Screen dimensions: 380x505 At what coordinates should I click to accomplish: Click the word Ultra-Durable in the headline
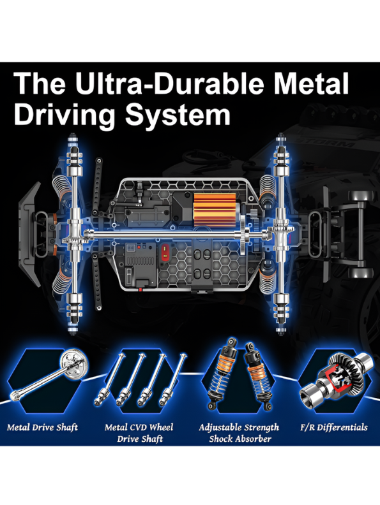[x=172, y=84]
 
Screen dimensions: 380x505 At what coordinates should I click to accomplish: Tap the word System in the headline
[x=178, y=115]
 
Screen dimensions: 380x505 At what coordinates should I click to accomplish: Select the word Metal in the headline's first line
[x=312, y=84]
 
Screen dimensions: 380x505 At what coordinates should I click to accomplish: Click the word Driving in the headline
[x=65, y=116]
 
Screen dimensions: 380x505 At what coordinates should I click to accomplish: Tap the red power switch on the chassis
[x=165, y=252]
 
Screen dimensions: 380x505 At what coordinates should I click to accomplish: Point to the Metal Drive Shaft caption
[x=42, y=427]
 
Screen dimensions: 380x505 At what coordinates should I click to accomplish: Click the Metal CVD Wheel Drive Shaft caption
[x=139, y=433]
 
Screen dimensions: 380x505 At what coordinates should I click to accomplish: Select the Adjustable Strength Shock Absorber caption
[x=239, y=433]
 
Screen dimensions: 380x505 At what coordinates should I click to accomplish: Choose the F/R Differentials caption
[x=334, y=427]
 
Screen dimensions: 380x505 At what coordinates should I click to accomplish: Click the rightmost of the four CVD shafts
[x=173, y=379]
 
